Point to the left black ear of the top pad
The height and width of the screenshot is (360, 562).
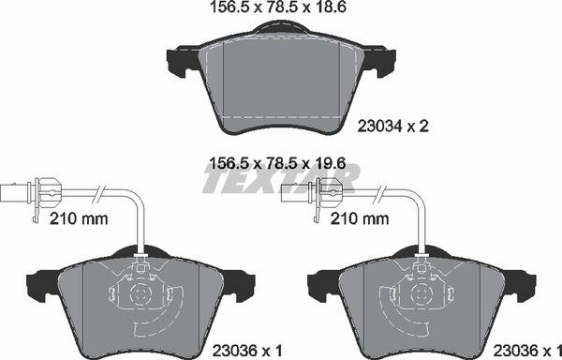181,62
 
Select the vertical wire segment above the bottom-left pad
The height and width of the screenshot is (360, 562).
139,230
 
